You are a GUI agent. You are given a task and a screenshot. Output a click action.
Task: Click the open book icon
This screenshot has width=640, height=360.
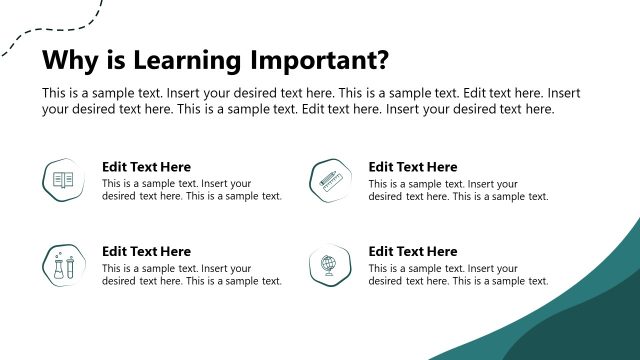[63, 181]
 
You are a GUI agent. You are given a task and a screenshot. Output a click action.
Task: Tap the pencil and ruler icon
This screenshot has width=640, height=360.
[329, 181]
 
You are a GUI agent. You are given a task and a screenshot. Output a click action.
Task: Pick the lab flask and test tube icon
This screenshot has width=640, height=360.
[63, 266]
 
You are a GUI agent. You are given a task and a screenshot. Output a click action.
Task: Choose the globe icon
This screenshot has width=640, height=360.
[329, 266]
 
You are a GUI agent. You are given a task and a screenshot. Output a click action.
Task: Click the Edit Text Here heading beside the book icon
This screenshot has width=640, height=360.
[146, 167]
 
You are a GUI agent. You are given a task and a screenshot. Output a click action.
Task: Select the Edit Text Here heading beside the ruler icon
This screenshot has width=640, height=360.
[412, 167]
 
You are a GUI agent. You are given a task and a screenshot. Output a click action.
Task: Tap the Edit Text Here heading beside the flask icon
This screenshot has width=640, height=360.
[146, 252]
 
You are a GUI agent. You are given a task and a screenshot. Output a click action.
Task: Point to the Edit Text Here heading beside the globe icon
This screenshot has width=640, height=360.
[412, 252]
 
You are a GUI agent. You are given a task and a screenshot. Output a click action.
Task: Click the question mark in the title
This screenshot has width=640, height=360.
[381, 60]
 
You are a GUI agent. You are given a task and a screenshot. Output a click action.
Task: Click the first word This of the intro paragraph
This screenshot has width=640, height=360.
[54, 93]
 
